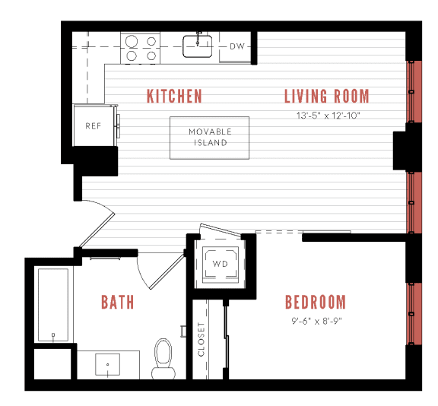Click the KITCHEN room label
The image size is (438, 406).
[x=174, y=96]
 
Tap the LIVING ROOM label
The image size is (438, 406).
[x=326, y=96]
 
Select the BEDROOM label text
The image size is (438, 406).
[x=315, y=302]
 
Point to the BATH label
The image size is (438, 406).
[x=117, y=302]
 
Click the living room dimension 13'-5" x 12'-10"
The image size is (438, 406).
[x=326, y=116]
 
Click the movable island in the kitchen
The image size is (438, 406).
[x=209, y=138]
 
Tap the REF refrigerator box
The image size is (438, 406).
[x=93, y=126]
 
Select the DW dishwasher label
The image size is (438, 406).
[x=237, y=47]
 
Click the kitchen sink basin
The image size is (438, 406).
[x=198, y=47]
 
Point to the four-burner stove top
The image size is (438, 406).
[x=141, y=49]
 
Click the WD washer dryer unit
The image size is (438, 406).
[x=220, y=264]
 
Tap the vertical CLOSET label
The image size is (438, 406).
[x=202, y=339]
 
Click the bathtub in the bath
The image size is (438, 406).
[x=53, y=304]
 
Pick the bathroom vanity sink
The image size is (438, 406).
[x=107, y=366]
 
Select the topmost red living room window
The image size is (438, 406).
[x=415, y=91]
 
